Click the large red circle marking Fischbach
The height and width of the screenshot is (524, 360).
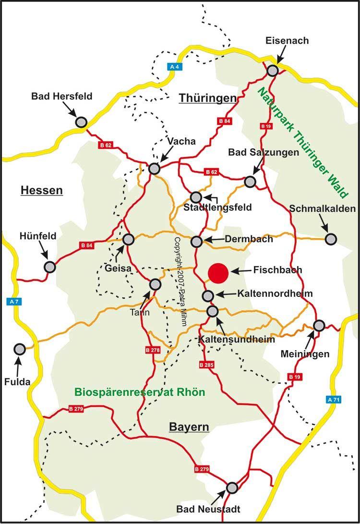pos(218,272)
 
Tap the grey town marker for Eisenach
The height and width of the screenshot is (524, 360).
pos(273,71)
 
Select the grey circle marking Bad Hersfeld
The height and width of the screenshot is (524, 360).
pos(81,122)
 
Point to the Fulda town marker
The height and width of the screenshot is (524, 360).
pos(20,349)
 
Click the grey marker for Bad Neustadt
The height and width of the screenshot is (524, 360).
pos(232,487)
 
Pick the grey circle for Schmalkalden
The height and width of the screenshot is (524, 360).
pos(331,239)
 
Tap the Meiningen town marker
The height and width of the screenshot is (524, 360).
pos(319,326)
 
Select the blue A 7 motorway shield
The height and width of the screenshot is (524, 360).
pos(13,302)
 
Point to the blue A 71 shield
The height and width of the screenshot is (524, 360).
pos(332,399)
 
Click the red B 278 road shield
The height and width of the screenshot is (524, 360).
pos(152,351)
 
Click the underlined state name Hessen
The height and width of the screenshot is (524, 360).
pos(42,191)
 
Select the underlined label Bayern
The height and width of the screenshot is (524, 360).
pos(189,427)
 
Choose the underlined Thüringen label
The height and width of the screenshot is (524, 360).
pos(208,98)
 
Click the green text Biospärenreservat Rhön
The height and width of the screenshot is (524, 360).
pos(140,392)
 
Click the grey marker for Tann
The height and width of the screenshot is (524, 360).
pos(155,284)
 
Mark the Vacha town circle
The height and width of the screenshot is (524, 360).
pos(154,169)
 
